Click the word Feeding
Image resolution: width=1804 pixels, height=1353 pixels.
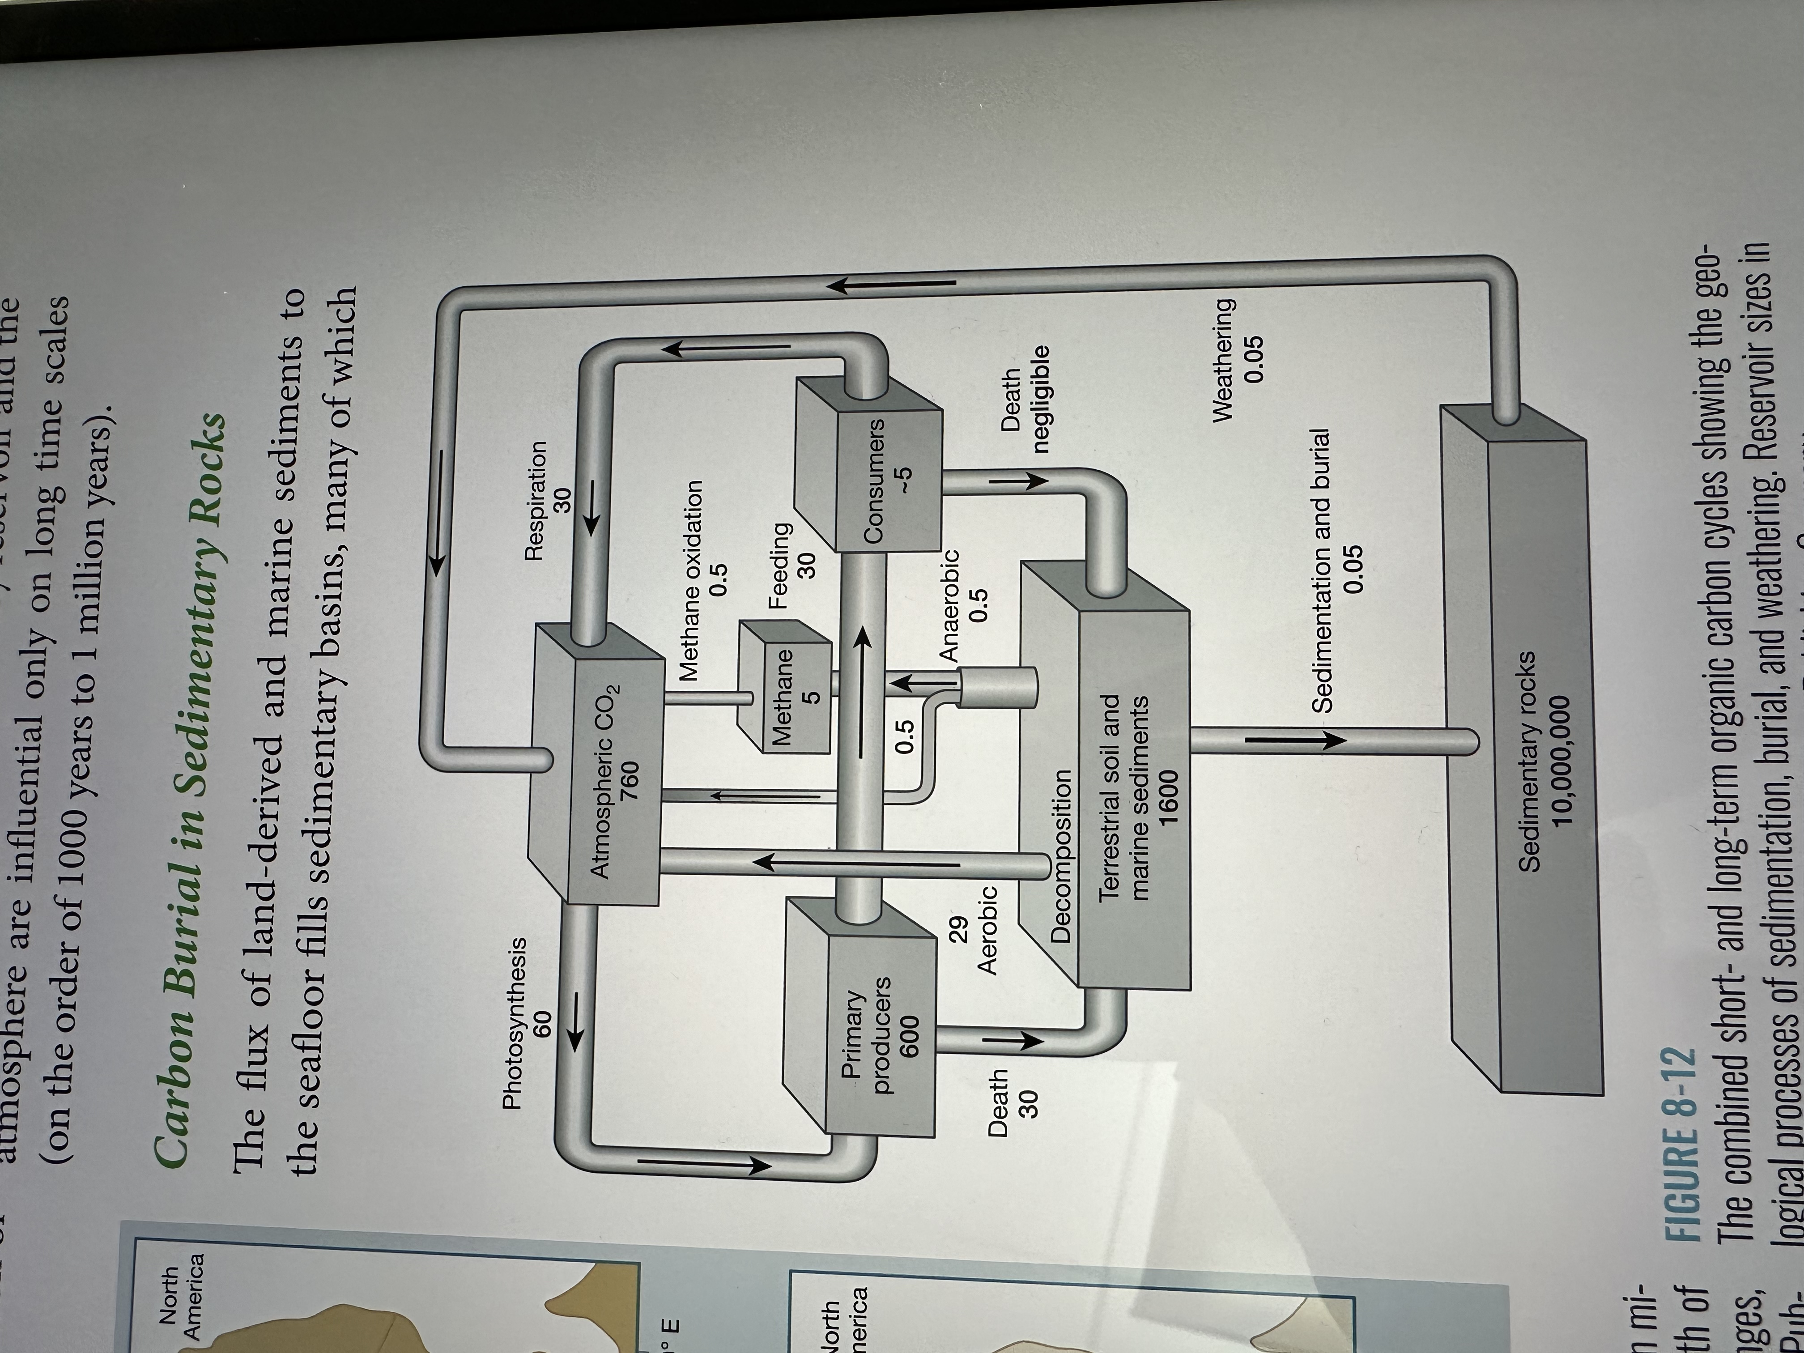pyautogui.click(x=780, y=564)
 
